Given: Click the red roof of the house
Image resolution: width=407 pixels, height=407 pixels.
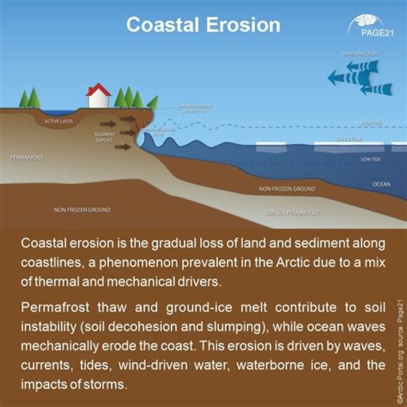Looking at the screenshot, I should (98, 89).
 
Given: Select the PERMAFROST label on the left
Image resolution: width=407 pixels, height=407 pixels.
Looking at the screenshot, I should (26, 157).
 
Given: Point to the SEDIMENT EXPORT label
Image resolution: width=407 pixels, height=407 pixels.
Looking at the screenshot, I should (105, 137).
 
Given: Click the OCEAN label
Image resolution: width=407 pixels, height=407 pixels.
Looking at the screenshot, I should (381, 184).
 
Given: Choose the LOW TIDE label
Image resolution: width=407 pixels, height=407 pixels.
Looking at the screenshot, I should (371, 160).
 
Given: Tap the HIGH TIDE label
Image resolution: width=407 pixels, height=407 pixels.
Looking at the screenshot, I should (371, 123).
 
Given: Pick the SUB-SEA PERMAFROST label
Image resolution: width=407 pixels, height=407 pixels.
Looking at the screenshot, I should (292, 214).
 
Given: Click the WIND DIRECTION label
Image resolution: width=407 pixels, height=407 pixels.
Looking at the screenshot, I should (360, 54).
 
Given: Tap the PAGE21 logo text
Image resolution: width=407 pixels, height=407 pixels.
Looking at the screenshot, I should (376, 31).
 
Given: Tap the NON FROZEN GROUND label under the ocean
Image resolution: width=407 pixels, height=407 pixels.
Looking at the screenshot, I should (287, 189).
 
